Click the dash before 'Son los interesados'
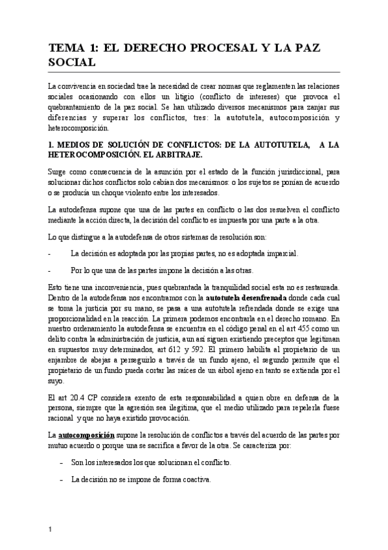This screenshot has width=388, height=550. pyautogui.click(x=60, y=462)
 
